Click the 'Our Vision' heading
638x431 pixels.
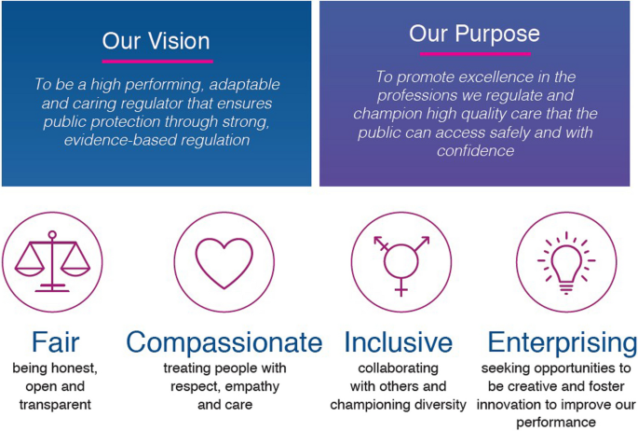(x=156, y=41)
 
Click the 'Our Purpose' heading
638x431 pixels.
(x=474, y=35)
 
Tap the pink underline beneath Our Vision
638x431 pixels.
(x=157, y=62)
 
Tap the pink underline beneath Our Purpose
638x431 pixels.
(x=475, y=54)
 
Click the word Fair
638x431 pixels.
(x=55, y=342)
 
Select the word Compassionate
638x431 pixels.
(x=224, y=343)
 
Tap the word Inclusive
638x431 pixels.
(x=399, y=342)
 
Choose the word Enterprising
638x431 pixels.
(x=563, y=343)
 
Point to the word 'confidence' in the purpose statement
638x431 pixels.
(x=475, y=151)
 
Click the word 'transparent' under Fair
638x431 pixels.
(x=55, y=405)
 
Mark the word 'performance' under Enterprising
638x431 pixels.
(x=556, y=423)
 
